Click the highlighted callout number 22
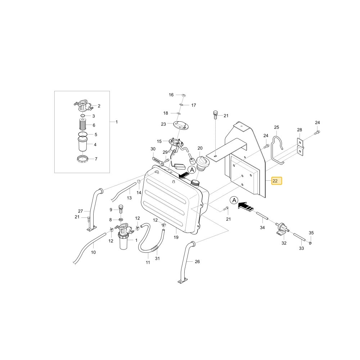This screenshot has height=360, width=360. (x=275, y=181)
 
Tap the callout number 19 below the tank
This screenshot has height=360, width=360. (x=176, y=237)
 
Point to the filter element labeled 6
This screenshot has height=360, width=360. (x=83, y=124)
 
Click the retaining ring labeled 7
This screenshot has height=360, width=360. (x=82, y=159)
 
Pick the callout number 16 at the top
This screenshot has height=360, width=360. (x=171, y=95)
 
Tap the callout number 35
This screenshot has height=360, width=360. (x=311, y=233)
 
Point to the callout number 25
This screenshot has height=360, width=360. (x=276, y=127)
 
